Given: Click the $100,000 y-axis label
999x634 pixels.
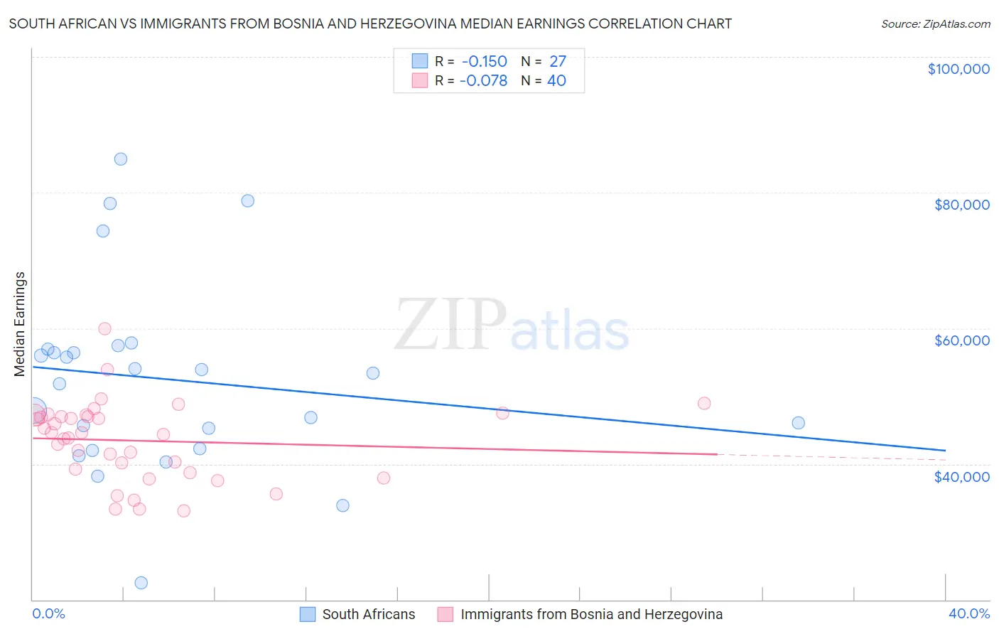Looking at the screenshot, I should click(x=958, y=69).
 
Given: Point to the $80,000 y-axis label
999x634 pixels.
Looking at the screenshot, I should click(x=961, y=205).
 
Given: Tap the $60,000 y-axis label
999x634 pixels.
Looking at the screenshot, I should click(x=961, y=340).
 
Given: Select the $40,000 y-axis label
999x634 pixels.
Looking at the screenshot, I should click(x=961, y=476).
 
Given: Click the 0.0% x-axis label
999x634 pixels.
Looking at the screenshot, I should click(x=48, y=613).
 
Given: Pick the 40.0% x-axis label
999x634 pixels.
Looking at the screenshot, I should click(x=968, y=613).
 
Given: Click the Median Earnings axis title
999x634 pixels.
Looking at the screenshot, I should click(x=20, y=323).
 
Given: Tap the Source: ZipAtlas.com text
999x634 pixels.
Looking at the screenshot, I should click(x=935, y=24).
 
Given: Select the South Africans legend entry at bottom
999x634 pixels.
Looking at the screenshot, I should click(x=368, y=614).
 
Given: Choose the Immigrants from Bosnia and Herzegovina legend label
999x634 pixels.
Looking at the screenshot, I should click(x=591, y=614).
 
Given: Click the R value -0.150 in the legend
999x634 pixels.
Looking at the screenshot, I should click(x=484, y=61).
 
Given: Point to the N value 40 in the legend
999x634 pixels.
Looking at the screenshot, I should click(x=556, y=80).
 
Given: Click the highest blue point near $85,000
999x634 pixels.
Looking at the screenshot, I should click(x=121, y=159).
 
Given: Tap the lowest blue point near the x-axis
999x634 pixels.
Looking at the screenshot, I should click(x=141, y=583).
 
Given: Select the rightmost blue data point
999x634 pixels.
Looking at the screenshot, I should click(x=798, y=423).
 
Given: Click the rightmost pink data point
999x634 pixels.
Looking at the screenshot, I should click(x=704, y=403).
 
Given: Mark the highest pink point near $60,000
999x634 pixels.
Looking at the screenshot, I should click(x=104, y=328).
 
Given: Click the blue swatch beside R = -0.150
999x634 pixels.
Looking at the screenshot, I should click(x=420, y=61).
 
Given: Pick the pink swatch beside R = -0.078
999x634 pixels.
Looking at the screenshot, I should click(x=420, y=80).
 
